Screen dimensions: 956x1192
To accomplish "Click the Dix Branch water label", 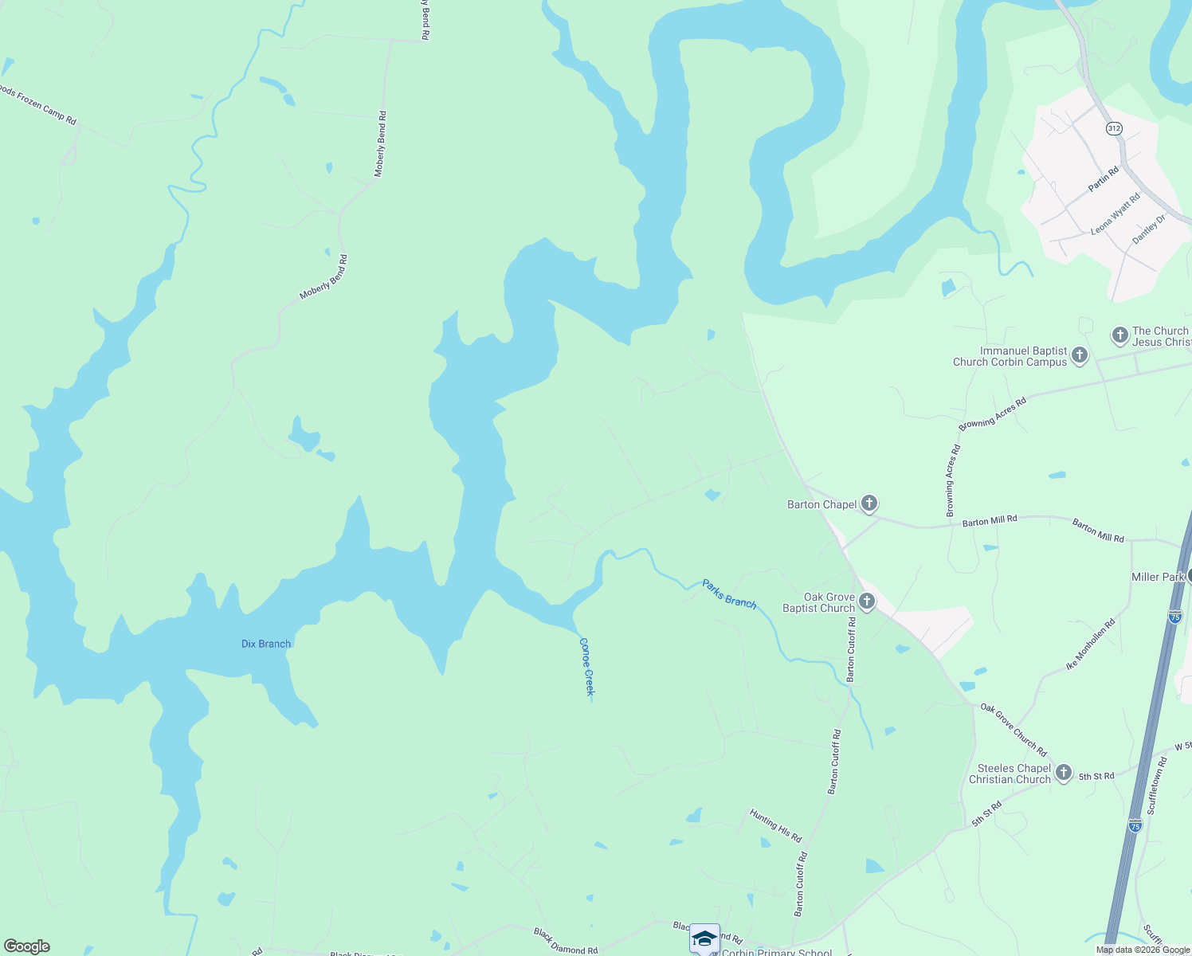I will tap(266, 644).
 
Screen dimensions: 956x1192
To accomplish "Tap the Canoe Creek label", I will tap(587, 667).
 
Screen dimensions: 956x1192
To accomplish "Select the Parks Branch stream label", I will tap(729, 593).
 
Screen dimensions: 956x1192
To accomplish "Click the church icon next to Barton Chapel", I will tap(869, 503).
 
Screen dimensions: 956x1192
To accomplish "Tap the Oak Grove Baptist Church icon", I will tap(867, 602).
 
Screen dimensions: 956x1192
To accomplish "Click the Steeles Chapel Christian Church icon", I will tap(1064, 774).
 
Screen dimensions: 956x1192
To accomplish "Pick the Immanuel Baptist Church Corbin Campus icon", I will tap(1080, 355).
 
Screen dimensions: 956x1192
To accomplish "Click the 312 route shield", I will tap(1114, 128).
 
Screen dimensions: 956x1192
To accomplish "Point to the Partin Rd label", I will tap(1104, 178).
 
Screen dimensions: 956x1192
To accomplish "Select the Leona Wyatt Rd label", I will tap(1116, 213).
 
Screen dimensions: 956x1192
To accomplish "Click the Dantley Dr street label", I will tap(1149, 229).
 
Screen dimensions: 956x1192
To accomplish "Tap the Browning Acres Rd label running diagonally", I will tap(992, 414).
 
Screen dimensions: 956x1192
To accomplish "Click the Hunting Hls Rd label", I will tap(775, 825).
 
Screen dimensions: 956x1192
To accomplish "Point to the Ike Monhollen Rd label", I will tap(1091, 645).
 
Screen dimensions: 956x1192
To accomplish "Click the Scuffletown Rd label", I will tap(1156, 786).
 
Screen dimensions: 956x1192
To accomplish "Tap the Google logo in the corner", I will tap(27, 946).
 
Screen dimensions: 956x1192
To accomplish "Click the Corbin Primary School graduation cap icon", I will tap(704, 938).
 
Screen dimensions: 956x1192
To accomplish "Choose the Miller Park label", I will tap(1158, 577).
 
